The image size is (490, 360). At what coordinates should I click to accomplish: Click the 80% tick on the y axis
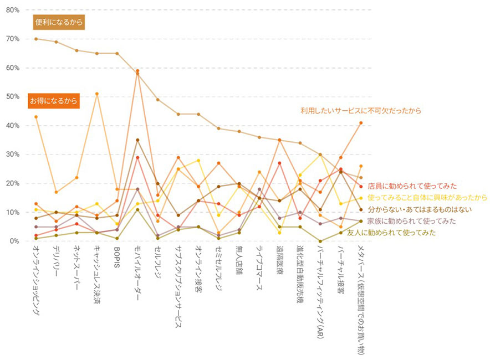(12, 10)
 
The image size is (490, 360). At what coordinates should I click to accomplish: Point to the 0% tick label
(14, 241)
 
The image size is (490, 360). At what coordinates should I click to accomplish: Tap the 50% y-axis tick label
(12, 96)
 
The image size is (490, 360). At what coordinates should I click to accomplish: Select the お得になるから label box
(54, 101)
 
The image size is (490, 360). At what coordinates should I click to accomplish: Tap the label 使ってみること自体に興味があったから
(427, 197)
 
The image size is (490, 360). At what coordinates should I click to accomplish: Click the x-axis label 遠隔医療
(279, 265)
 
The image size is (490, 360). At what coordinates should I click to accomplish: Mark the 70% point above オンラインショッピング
(36, 39)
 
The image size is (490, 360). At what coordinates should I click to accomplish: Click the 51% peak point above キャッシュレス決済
(97, 94)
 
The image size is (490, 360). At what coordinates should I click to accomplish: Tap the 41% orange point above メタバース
(361, 122)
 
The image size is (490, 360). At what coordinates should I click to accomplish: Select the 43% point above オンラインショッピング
(36, 117)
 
